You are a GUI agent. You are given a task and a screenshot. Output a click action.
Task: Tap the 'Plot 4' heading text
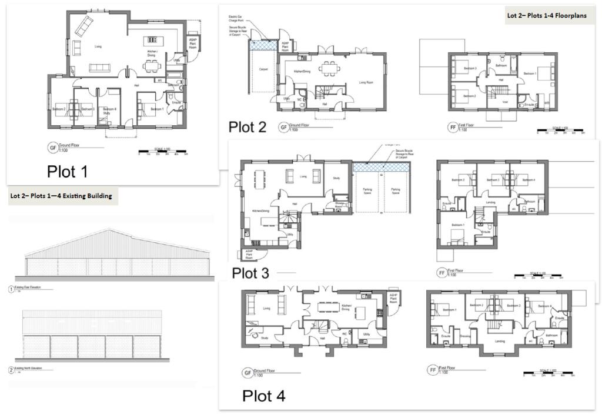point(263,396)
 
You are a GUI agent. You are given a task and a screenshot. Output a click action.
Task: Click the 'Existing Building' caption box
point(61,196)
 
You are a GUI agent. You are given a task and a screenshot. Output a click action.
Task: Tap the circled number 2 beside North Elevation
point(12,370)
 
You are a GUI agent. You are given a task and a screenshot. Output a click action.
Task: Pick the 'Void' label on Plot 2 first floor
point(505,101)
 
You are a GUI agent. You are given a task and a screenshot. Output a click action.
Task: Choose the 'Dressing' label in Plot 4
point(464,336)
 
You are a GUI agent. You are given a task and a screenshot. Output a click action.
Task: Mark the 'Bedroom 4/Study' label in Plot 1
point(108,111)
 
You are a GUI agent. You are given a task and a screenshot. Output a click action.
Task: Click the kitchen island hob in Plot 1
point(153,40)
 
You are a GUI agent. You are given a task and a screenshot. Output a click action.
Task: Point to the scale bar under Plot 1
point(163,151)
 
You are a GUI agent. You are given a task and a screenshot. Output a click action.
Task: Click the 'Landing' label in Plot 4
point(501,340)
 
